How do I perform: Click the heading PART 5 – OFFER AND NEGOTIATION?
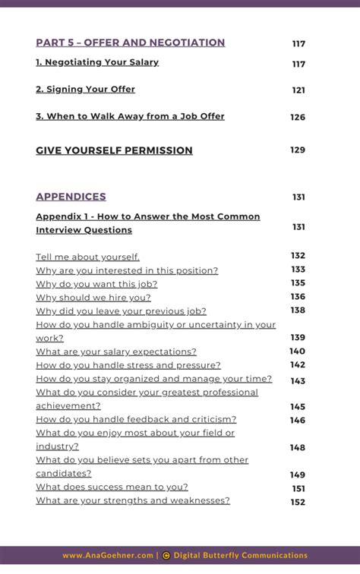pyautogui.click(x=130, y=43)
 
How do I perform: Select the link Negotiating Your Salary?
pyautogui.click(x=97, y=62)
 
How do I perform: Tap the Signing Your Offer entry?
pyautogui.click(x=85, y=89)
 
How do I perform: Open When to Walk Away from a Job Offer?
pyautogui.click(x=130, y=116)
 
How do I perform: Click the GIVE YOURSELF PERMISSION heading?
pyautogui.click(x=114, y=150)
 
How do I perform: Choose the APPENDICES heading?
pyautogui.click(x=71, y=197)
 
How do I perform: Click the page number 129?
pyautogui.click(x=298, y=150)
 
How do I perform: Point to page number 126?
pyautogui.click(x=298, y=117)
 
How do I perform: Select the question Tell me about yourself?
pyautogui.click(x=87, y=257)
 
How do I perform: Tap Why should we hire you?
pyautogui.click(x=93, y=297)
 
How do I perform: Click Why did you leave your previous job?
pyautogui.click(x=121, y=311)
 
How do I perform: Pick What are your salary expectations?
pyautogui.click(x=116, y=352)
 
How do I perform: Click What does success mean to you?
pyautogui.click(x=112, y=487)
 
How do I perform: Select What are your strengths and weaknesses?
pyautogui.click(x=133, y=500)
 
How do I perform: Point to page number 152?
pyautogui.click(x=298, y=502)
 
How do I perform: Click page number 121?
pyautogui.click(x=298, y=90)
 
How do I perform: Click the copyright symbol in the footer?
pyautogui.click(x=166, y=555)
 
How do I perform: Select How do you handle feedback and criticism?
pyautogui.click(x=136, y=419)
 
